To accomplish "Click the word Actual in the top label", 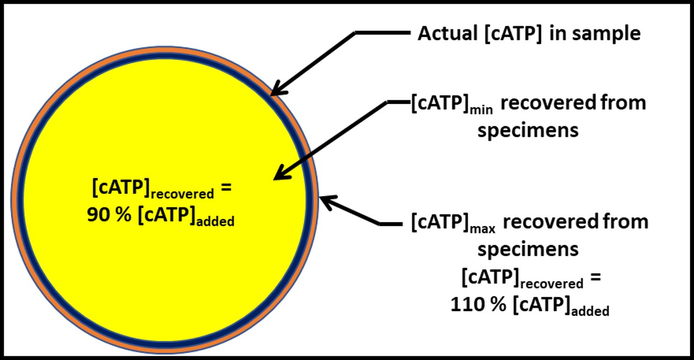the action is coord(447,33).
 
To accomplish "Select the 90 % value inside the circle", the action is coord(109,214).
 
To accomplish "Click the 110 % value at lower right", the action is coord(478,304).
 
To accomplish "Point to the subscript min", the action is coord(481,111).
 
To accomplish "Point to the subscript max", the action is coord(483,229).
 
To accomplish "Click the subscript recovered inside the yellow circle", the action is coord(182,194).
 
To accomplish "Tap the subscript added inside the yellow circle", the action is coord(216,222).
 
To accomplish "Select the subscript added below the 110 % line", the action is coord(590,310).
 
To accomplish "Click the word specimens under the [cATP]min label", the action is coord(528,130).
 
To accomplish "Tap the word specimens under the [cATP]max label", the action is coord(528,249).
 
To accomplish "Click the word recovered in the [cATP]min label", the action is coord(548,102).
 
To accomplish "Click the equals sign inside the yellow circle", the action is coord(226,187).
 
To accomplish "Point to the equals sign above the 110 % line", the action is coord(596,276).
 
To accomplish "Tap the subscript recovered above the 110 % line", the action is coord(552,284).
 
